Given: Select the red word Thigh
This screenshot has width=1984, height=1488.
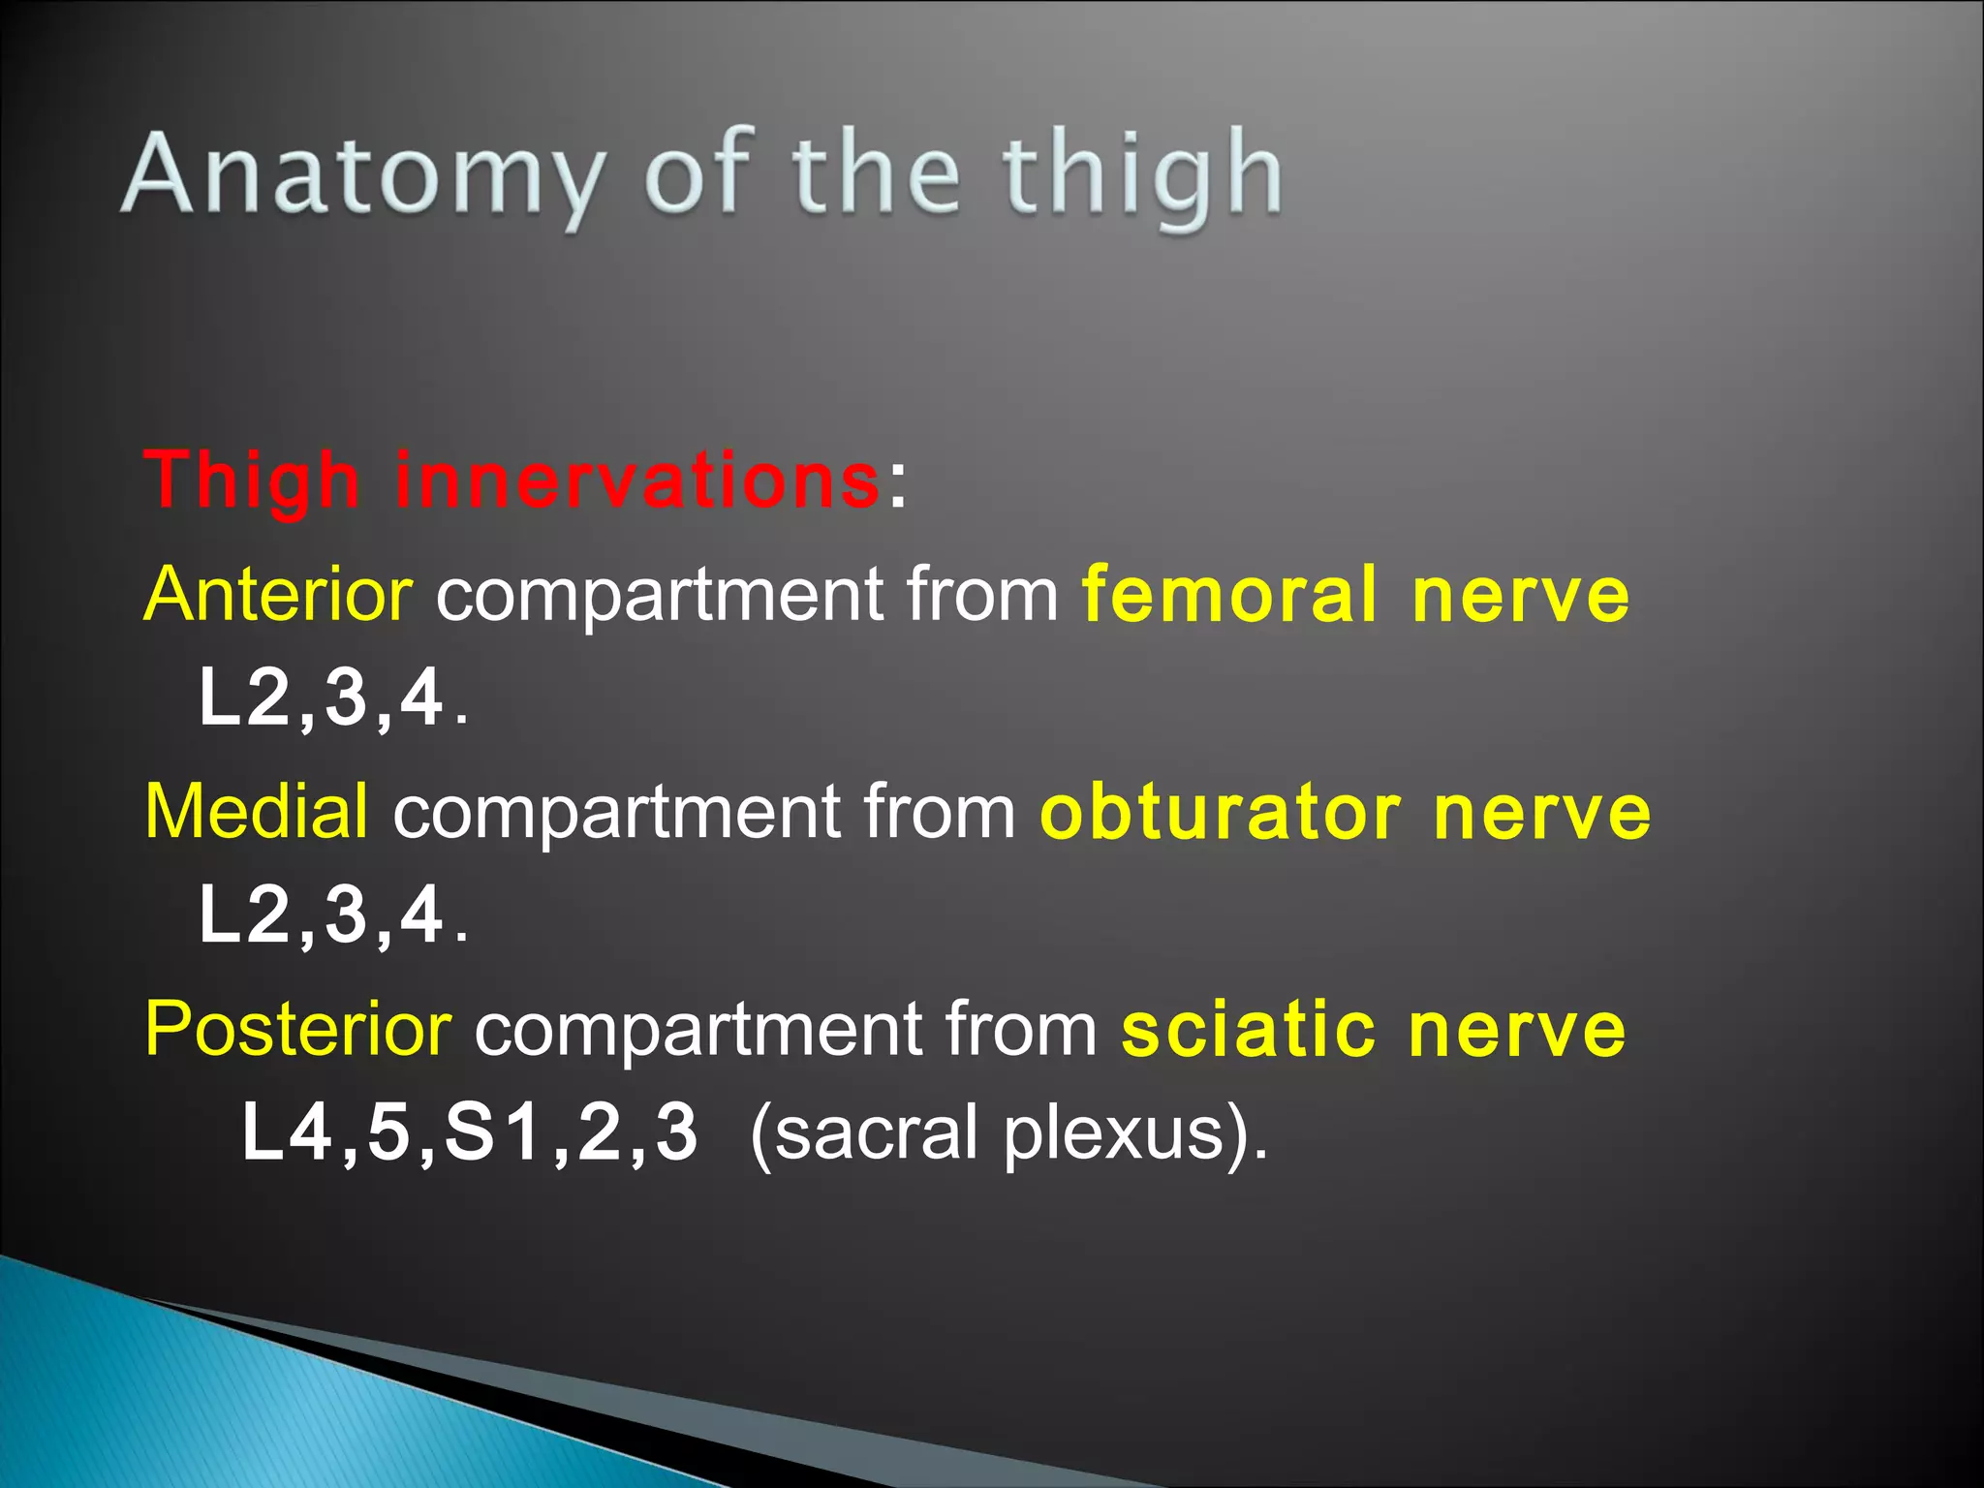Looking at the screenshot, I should [x=252, y=480].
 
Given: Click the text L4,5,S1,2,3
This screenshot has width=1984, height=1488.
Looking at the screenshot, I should [x=469, y=1133].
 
